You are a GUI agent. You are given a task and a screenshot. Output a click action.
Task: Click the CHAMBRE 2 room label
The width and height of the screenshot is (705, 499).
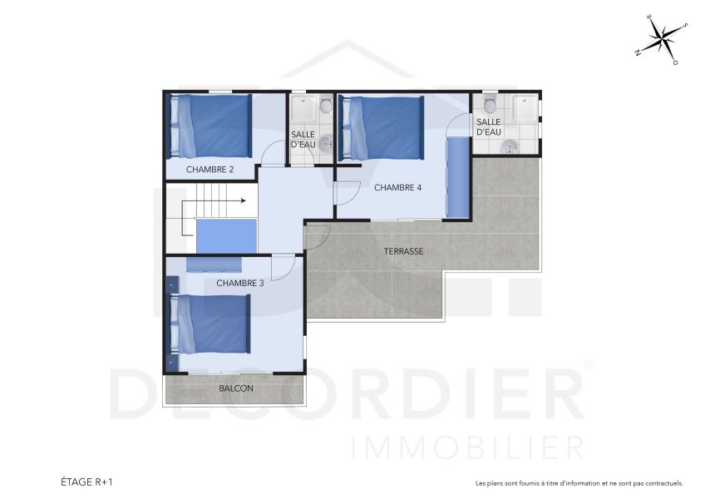click(x=210, y=170)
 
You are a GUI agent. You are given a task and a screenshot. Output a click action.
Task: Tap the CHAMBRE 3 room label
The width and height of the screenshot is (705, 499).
click(x=239, y=283)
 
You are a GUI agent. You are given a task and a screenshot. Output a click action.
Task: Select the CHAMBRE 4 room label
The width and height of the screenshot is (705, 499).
click(x=397, y=187)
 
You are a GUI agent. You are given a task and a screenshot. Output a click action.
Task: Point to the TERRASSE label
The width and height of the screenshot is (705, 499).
click(x=404, y=250)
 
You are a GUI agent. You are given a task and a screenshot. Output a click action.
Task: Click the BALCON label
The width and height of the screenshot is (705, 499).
click(x=236, y=388)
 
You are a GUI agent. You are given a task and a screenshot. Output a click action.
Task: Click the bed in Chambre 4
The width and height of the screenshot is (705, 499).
click(x=382, y=128)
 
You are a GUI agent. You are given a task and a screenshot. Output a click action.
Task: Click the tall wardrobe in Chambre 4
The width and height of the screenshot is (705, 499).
click(x=457, y=176)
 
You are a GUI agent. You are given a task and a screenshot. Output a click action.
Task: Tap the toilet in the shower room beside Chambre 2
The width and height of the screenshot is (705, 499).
click(x=325, y=106)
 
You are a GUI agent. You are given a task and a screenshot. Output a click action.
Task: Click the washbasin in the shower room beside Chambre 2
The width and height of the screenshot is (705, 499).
click(x=326, y=142)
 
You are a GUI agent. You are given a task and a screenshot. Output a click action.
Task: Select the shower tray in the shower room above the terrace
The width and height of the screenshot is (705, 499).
click(x=525, y=109)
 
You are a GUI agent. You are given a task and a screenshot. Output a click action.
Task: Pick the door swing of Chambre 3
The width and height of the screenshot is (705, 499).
click(x=283, y=266)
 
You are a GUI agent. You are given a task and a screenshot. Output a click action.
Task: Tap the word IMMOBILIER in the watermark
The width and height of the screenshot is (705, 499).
click(x=466, y=446)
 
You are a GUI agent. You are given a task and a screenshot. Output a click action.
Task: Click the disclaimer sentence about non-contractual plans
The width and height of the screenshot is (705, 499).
click(x=579, y=482)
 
